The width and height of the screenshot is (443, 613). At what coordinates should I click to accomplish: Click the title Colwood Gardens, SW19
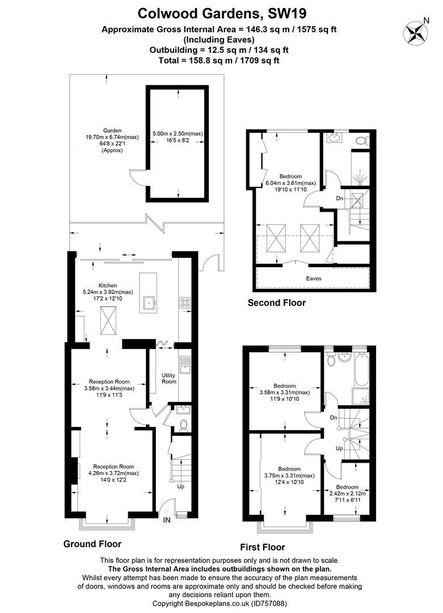tap(222, 14)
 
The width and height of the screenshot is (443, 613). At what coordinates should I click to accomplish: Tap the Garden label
tap(112, 131)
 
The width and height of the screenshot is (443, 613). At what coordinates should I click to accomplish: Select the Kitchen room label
tap(107, 285)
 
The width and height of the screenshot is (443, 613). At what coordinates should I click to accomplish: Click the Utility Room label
tap(169, 379)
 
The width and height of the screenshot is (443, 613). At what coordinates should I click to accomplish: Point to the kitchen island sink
tap(149, 303)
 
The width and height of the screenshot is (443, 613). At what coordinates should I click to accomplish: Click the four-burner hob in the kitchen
tap(185, 303)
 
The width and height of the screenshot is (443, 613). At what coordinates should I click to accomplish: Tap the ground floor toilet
tap(183, 425)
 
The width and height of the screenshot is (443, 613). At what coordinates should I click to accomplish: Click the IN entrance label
tap(167, 520)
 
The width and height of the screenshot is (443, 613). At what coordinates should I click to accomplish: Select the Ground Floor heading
tap(92, 544)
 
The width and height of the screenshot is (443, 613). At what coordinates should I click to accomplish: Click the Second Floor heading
tap(277, 303)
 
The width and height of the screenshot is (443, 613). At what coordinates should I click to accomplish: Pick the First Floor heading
tap(263, 547)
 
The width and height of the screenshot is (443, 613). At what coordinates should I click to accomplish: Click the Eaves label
tap(314, 278)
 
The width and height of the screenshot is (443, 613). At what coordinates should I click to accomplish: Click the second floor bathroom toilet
tap(361, 140)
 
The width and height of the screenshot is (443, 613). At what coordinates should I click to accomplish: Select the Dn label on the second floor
tap(339, 199)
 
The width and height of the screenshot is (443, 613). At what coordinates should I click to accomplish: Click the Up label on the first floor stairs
tap(339, 448)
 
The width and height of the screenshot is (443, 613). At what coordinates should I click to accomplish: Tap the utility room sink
tap(184, 364)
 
